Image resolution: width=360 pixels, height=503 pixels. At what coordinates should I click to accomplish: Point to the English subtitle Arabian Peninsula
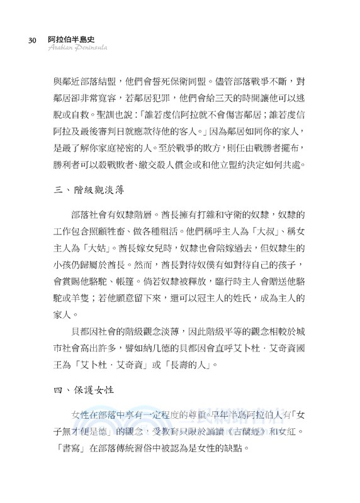[x=74, y=49]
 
